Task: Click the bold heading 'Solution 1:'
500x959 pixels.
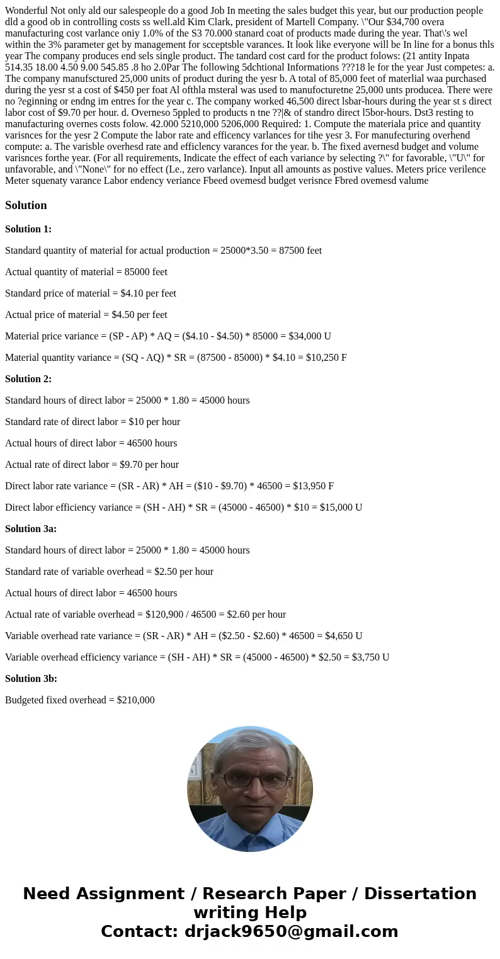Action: pyautogui.click(x=28, y=229)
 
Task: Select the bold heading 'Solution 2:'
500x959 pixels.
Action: pyautogui.click(x=28, y=379)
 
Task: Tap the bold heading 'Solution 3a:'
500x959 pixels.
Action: pyautogui.click(x=31, y=529)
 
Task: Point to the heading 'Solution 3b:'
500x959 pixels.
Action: pyautogui.click(x=31, y=679)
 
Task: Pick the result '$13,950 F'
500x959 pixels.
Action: pyautogui.click(x=313, y=486)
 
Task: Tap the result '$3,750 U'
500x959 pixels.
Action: pyautogui.click(x=368, y=657)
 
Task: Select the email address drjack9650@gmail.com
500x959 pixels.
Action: pyautogui.click(x=292, y=931)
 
